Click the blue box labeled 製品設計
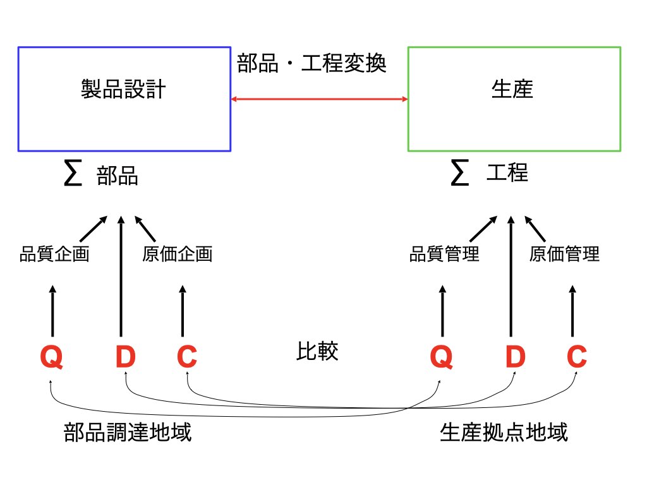click(x=124, y=99)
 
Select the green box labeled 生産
click(x=514, y=99)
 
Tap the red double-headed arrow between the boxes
click(x=319, y=99)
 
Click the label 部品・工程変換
click(x=311, y=63)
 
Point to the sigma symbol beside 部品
click(x=73, y=175)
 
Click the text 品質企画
click(x=53, y=254)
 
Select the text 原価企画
click(x=177, y=254)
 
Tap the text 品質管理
click(x=444, y=254)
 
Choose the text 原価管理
click(x=564, y=254)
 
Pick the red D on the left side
click(x=125, y=358)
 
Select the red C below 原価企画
click(x=187, y=358)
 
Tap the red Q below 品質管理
click(x=441, y=358)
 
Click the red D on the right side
click(x=515, y=358)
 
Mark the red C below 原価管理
click(x=576, y=358)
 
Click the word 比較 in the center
click(x=317, y=352)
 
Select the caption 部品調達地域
click(x=128, y=433)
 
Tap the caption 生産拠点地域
click(x=504, y=433)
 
